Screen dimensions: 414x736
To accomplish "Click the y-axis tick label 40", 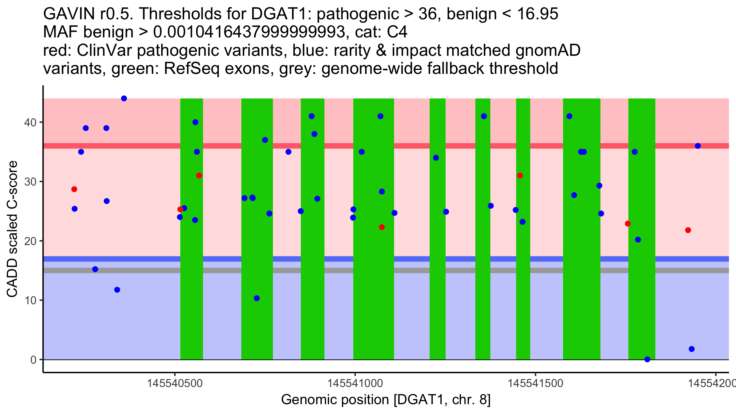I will click(30, 122).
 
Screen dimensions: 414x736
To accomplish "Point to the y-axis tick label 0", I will click(33, 360).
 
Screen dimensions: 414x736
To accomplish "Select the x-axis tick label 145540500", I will click(175, 383).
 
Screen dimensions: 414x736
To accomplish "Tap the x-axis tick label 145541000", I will click(355, 383).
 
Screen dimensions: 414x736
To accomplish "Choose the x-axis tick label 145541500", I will click(535, 383).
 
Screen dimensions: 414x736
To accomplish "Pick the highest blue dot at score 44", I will click(124, 98).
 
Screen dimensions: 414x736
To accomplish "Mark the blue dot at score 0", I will click(647, 359).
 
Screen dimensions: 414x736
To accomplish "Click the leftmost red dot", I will click(74, 189).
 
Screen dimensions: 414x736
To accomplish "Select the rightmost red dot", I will click(688, 230).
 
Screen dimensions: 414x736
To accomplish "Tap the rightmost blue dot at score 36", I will click(698, 146).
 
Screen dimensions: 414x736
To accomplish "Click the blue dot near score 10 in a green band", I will click(257, 298).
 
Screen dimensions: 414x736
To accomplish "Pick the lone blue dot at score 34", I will click(436, 158).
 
